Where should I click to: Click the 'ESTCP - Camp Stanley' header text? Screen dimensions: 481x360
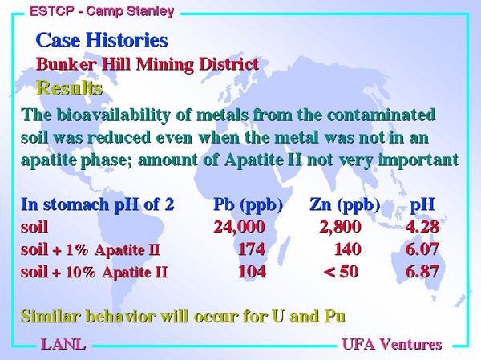coord(102,11)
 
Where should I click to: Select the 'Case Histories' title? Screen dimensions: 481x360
coord(102,40)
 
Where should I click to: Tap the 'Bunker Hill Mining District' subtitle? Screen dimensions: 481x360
coord(148,64)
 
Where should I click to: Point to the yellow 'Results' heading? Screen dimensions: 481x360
coord(69,88)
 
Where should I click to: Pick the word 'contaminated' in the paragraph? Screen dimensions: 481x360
coord(382,115)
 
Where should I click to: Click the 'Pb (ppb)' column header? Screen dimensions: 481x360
coord(248,204)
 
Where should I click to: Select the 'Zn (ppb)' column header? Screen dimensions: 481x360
coord(345,204)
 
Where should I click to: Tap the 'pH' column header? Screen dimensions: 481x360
coord(422,204)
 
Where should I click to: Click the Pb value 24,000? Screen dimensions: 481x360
coord(239,228)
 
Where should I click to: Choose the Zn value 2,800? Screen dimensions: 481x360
coord(340,228)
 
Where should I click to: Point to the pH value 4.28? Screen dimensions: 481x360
coord(422,227)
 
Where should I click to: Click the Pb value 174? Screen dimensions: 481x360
coord(252,249)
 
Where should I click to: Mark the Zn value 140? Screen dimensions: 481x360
coord(348,249)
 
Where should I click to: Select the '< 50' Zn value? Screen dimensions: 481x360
coord(341,272)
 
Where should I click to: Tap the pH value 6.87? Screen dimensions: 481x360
coord(422,272)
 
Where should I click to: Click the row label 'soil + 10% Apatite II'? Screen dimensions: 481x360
coord(94,272)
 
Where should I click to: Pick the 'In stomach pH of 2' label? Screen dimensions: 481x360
coord(98,204)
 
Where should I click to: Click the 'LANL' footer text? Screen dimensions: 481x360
coord(63,344)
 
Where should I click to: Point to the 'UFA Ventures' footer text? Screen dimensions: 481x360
coord(392,344)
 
